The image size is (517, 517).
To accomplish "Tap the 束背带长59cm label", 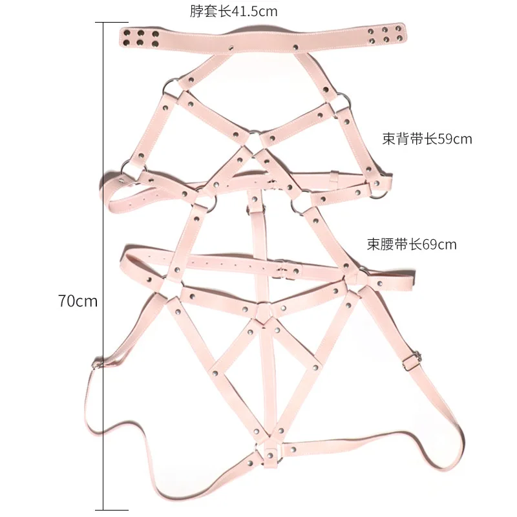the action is point(427,139).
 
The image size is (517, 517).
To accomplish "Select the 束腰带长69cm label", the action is point(412,244).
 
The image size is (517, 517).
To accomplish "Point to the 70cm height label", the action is point(78,301).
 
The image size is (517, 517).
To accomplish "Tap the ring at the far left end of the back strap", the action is point(125,171).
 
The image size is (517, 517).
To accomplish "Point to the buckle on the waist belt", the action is point(282,266).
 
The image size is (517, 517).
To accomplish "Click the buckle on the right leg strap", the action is point(414,357).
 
